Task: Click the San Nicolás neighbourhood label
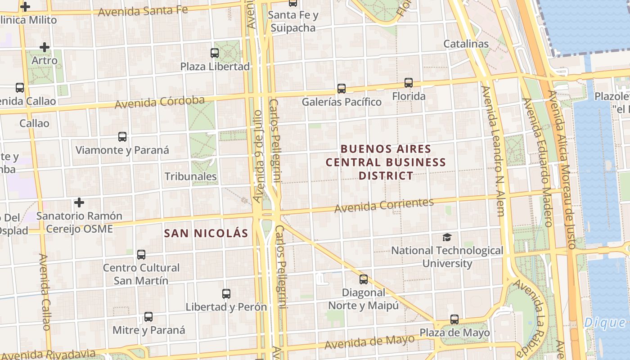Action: (x=206, y=233)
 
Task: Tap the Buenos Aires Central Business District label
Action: (x=386, y=162)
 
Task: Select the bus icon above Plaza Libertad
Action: (x=215, y=53)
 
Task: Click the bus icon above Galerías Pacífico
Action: (x=342, y=88)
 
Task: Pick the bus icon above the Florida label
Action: (x=409, y=82)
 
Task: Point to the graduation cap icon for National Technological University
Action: (x=447, y=237)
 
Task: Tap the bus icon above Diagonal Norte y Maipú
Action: (x=364, y=279)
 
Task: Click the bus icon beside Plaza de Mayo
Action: (x=454, y=319)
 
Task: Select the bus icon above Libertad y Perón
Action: (x=226, y=294)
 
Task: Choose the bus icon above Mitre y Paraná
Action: (x=148, y=316)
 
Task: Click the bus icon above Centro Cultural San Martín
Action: (x=141, y=255)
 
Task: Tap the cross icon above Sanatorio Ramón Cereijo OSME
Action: (x=79, y=202)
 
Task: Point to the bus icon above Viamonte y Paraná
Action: (x=122, y=136)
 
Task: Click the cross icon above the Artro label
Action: (x=44, y=47)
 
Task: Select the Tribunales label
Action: (x=191, y=176)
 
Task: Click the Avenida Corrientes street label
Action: (x=384, y=205)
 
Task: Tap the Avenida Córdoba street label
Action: (x=160, y=102)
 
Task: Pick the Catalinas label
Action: (x=466, y=44)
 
